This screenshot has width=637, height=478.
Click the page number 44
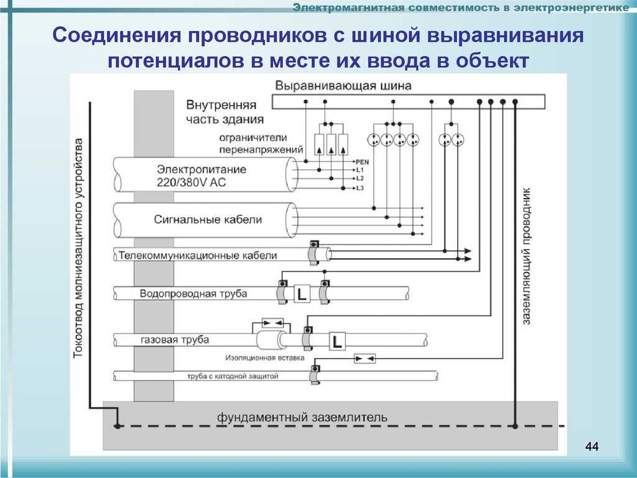[592, 447]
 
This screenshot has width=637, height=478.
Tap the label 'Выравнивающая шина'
[343, 86]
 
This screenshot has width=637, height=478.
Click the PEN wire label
[363, 162]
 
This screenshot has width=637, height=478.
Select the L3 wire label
[360, 188]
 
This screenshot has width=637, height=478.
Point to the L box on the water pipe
[302, 294]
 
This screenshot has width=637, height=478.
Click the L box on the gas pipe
[337, 341]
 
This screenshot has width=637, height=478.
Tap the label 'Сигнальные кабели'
[208, 220]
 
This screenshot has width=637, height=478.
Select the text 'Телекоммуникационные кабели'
[198, 256]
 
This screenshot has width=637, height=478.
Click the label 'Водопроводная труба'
[193, 294]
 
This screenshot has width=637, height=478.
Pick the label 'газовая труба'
[175, 340]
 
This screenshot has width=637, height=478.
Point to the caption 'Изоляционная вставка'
[265, 358]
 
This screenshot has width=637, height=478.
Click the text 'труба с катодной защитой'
[233, 376]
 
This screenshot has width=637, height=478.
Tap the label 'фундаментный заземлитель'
[302, 417]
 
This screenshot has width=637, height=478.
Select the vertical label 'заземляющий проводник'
[526, 256]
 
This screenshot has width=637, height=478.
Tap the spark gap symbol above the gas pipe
[272, 323]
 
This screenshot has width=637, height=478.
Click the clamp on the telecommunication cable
[314, 253]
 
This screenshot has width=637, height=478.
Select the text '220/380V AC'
[191, 182]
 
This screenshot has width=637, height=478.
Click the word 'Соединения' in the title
[116, 35]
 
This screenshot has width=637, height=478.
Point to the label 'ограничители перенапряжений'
[261, 144]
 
